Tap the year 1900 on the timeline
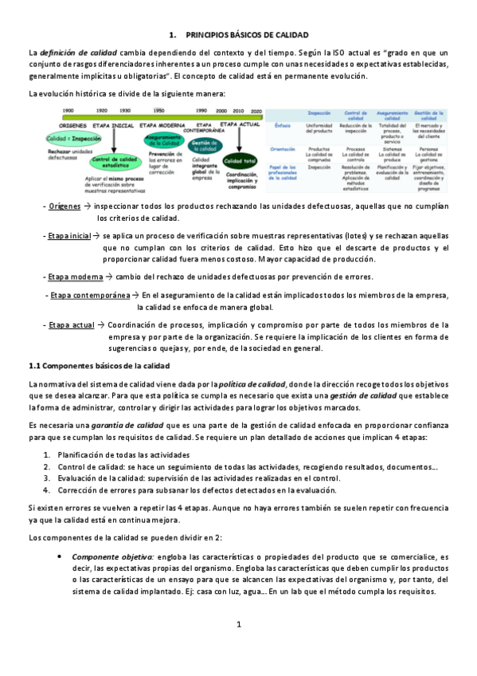click(69, 111)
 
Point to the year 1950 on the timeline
click(159, 111)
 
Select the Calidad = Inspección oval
click(73, 138)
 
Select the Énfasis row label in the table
click(283, 126)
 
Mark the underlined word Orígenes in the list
click(65, 206)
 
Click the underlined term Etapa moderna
click(70, 276)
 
